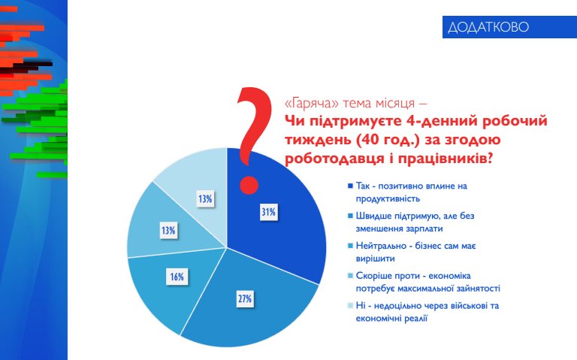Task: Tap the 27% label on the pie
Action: pos(244,299)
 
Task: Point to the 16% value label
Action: pos(177,277)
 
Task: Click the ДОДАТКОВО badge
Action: pos(488,27)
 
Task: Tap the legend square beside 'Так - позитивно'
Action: pos(350,186)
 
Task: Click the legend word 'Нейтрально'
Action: pos(379,246)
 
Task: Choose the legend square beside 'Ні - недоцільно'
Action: pos(350,306)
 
